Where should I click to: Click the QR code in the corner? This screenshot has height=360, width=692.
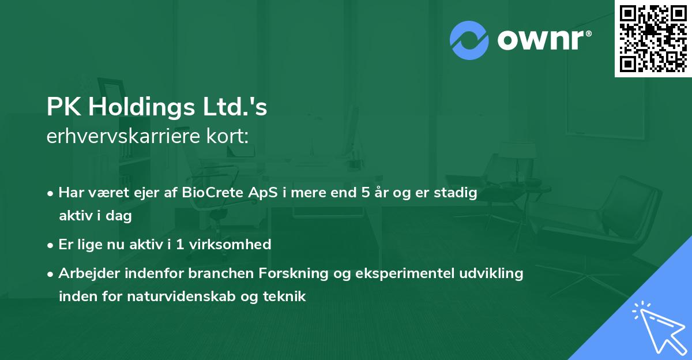653,38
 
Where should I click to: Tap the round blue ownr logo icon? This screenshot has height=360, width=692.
469,40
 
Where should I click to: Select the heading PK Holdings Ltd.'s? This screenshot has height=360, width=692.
157,108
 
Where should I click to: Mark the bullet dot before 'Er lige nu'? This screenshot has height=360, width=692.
51,245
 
